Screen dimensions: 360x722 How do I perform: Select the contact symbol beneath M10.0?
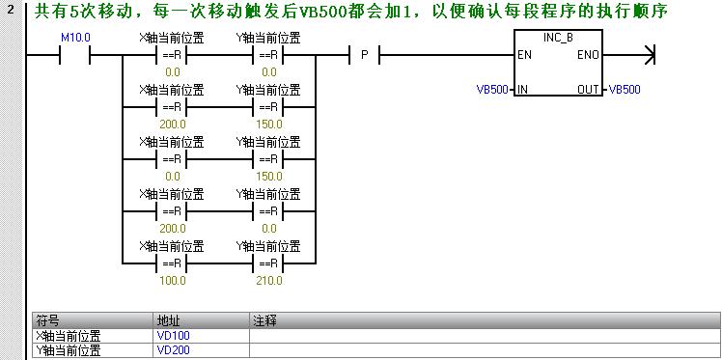pyautogui.click(x=74, y=55)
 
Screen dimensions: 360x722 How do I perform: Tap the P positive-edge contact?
pyautogui.click(x=364, y=55)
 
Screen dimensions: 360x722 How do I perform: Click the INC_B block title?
pyautogui.click(x=558, y=36)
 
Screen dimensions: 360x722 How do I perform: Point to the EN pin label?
pyautogui.click(x=524, y=55)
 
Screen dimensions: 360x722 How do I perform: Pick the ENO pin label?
pyautogui.click(x=588, y=55)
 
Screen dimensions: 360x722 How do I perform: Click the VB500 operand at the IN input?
pyautogui.click(x=492, y=90)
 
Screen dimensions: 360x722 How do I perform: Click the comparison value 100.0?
pyautogui.click(x=173, y=281)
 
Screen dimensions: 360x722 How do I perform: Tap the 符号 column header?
pyautogui.click(x=48, y=319)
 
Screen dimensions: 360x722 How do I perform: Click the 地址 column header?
pyautogui.click(x=168, y=319)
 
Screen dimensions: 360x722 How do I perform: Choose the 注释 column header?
pyautogui.click(x=264, y=319)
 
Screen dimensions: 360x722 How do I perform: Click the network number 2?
pyautogui.click(x=10, y=12)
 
